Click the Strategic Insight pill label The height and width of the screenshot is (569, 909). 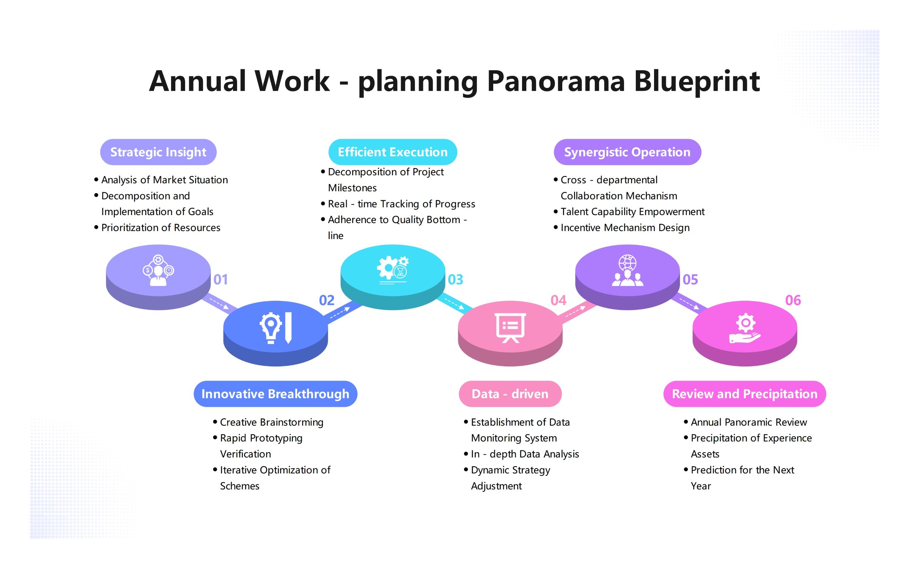pos(158,152)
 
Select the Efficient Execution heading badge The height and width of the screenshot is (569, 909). pos(393,152)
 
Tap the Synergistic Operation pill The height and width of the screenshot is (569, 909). pos(627,152)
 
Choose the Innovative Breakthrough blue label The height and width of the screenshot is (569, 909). pos(275,394)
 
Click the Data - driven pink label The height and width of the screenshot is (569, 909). pos(510,394)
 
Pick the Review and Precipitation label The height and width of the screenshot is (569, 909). pos(744,394)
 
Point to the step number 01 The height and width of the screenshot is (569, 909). pos(220,280)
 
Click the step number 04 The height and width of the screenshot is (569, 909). pos(558,300)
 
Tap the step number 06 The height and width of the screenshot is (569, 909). pos(793,300)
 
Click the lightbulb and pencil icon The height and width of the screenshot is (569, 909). pos(276,328)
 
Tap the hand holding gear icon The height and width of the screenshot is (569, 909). pos(745,329)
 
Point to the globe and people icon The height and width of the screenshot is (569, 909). pos(627,270)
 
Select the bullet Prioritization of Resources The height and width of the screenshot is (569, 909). pos(160,228)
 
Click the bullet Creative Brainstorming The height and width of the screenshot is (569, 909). pos(272,422)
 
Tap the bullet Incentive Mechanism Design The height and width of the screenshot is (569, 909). pos(625,228)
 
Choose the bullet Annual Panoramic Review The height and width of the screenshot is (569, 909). pos(749,422)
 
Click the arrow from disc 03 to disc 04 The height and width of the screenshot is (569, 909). pos(454,303)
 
